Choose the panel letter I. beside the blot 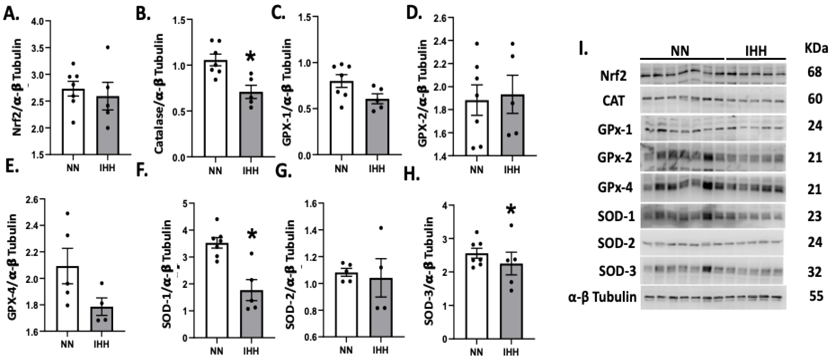(x=583, y=51)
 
